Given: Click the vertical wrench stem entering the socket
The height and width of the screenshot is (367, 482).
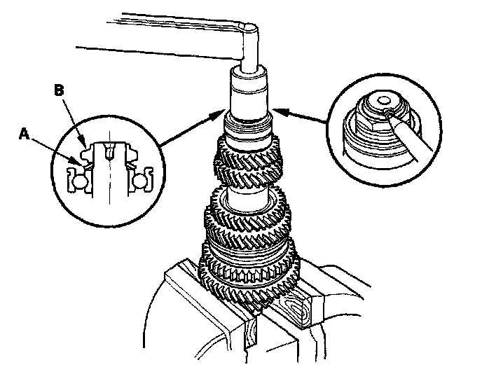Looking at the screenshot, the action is click(x=249, y=53).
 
